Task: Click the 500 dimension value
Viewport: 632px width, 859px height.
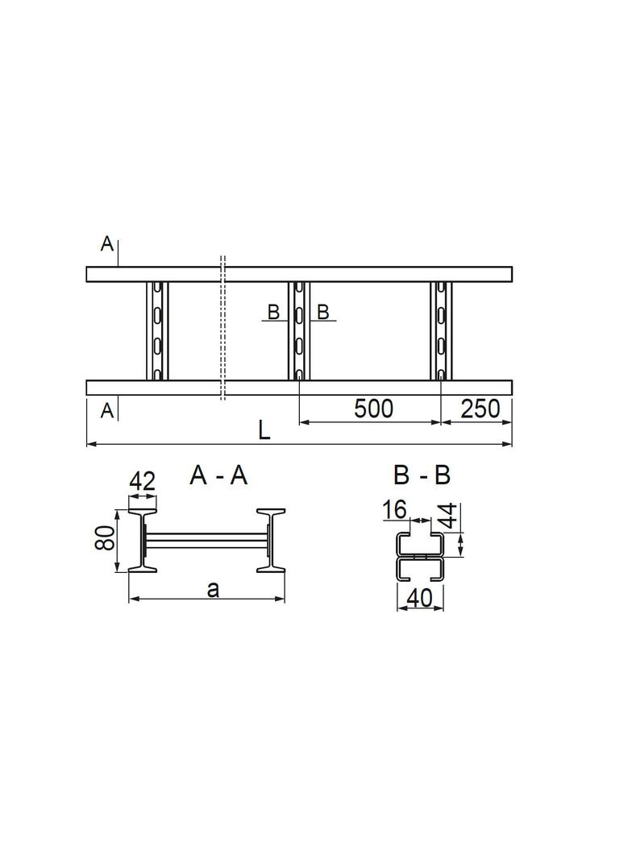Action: click(x=373, y=409)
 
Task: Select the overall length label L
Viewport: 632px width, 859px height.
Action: click(x=264, y=431)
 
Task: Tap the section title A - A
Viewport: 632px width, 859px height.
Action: click(x=218, y=476)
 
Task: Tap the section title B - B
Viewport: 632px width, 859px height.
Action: click(x=422, y=476)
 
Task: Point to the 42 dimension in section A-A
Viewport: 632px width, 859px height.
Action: click(x=142, y=482)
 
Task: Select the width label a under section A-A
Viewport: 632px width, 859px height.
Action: click(x=212, y=589)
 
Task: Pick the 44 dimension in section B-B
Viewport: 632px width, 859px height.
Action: click(x=448, y=515)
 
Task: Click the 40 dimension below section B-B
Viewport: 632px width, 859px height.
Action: click(x=420, y=597)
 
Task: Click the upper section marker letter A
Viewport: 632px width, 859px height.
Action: click(x=106, y=243)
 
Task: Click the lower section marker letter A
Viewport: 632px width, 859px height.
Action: click(x=106, y=412)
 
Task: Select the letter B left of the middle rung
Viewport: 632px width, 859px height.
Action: click(x=273, y=313)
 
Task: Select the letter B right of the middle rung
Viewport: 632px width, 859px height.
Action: click(x=323, y=313)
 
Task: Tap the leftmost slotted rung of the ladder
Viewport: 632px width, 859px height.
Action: click(x=158, y=330)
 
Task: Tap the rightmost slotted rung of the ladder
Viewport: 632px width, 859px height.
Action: click(x=441, y=330)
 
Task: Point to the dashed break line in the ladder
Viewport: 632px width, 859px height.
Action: click(x=223, y=330)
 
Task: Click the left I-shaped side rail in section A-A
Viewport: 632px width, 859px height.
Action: click(x=142, y=541)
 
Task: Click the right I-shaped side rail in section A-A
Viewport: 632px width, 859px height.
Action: click(x=271, y=541)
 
